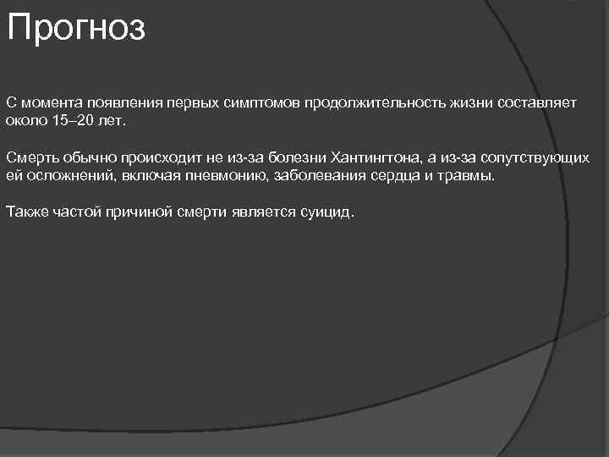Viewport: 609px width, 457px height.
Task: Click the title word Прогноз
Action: tap(76, 28)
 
